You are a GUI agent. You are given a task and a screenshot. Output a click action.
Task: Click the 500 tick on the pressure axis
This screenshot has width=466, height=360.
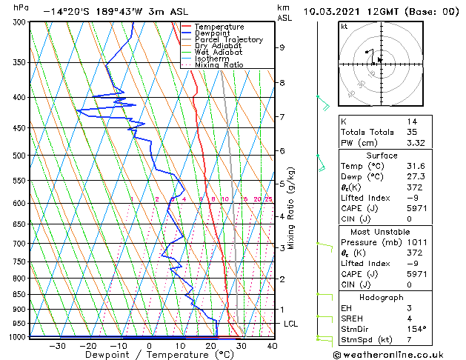tap(18, 156)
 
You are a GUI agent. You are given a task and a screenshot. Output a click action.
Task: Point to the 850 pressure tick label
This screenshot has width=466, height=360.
tap(18, 294)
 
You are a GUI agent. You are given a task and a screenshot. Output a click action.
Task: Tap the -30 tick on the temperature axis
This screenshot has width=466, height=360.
tap(56, 345)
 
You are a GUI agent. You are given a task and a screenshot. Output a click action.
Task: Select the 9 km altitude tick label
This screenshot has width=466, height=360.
tap(282, 47)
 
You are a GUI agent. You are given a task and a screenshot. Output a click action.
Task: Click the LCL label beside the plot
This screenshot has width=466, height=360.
tap(290, 324)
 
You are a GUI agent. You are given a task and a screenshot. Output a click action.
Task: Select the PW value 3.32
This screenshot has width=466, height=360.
tap(416, 143)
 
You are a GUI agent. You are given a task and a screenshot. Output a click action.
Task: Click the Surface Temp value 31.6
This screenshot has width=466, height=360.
tap(416, 166)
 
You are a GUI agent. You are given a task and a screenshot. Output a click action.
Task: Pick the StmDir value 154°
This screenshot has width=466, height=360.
tap(416, 329)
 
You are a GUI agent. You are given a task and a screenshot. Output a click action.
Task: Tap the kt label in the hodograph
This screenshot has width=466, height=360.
tap(344, 27)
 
